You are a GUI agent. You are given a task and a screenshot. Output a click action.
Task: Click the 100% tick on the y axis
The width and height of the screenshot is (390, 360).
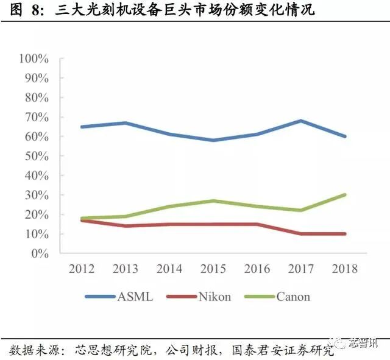(34, 58)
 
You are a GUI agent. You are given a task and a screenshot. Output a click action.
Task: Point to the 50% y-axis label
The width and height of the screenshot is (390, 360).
(36, 156)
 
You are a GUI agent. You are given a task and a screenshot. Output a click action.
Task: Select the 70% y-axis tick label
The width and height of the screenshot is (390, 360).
(36, 117)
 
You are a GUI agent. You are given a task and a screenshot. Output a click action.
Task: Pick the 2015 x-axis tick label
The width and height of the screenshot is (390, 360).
(213, 269)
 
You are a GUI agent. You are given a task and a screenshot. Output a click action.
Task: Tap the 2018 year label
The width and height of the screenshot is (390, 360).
(345, 269)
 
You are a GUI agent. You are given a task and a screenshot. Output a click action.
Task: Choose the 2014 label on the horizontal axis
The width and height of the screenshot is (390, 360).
(169, 269)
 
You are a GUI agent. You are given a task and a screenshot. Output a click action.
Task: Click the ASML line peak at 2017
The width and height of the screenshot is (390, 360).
(301, 121)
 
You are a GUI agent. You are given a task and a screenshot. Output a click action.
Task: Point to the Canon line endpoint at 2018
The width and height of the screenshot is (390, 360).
(345, 195)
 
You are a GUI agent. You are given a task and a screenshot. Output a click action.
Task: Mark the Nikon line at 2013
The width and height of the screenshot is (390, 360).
(125, 226)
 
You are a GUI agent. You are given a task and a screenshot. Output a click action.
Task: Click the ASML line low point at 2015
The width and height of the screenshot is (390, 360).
(213, 140)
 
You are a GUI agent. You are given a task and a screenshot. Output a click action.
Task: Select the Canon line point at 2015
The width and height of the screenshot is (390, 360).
(213, 200)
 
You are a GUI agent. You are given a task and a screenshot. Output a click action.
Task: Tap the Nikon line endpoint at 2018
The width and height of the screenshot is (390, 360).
(345, 234)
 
